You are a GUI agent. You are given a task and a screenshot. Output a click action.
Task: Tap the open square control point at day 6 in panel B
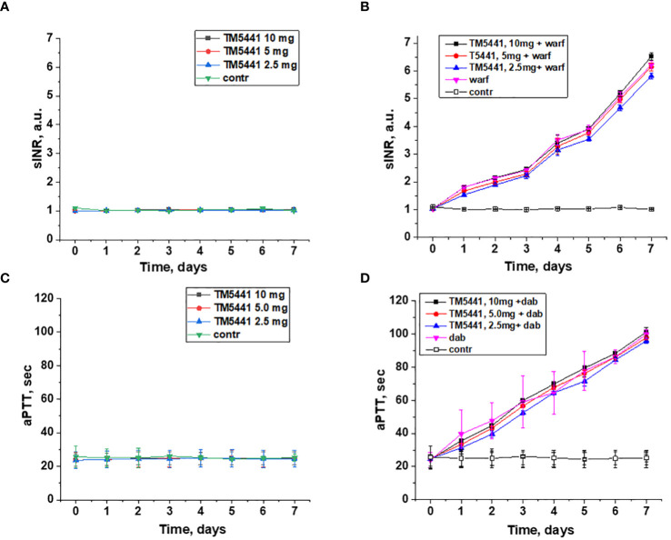click(x=619, y=207)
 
